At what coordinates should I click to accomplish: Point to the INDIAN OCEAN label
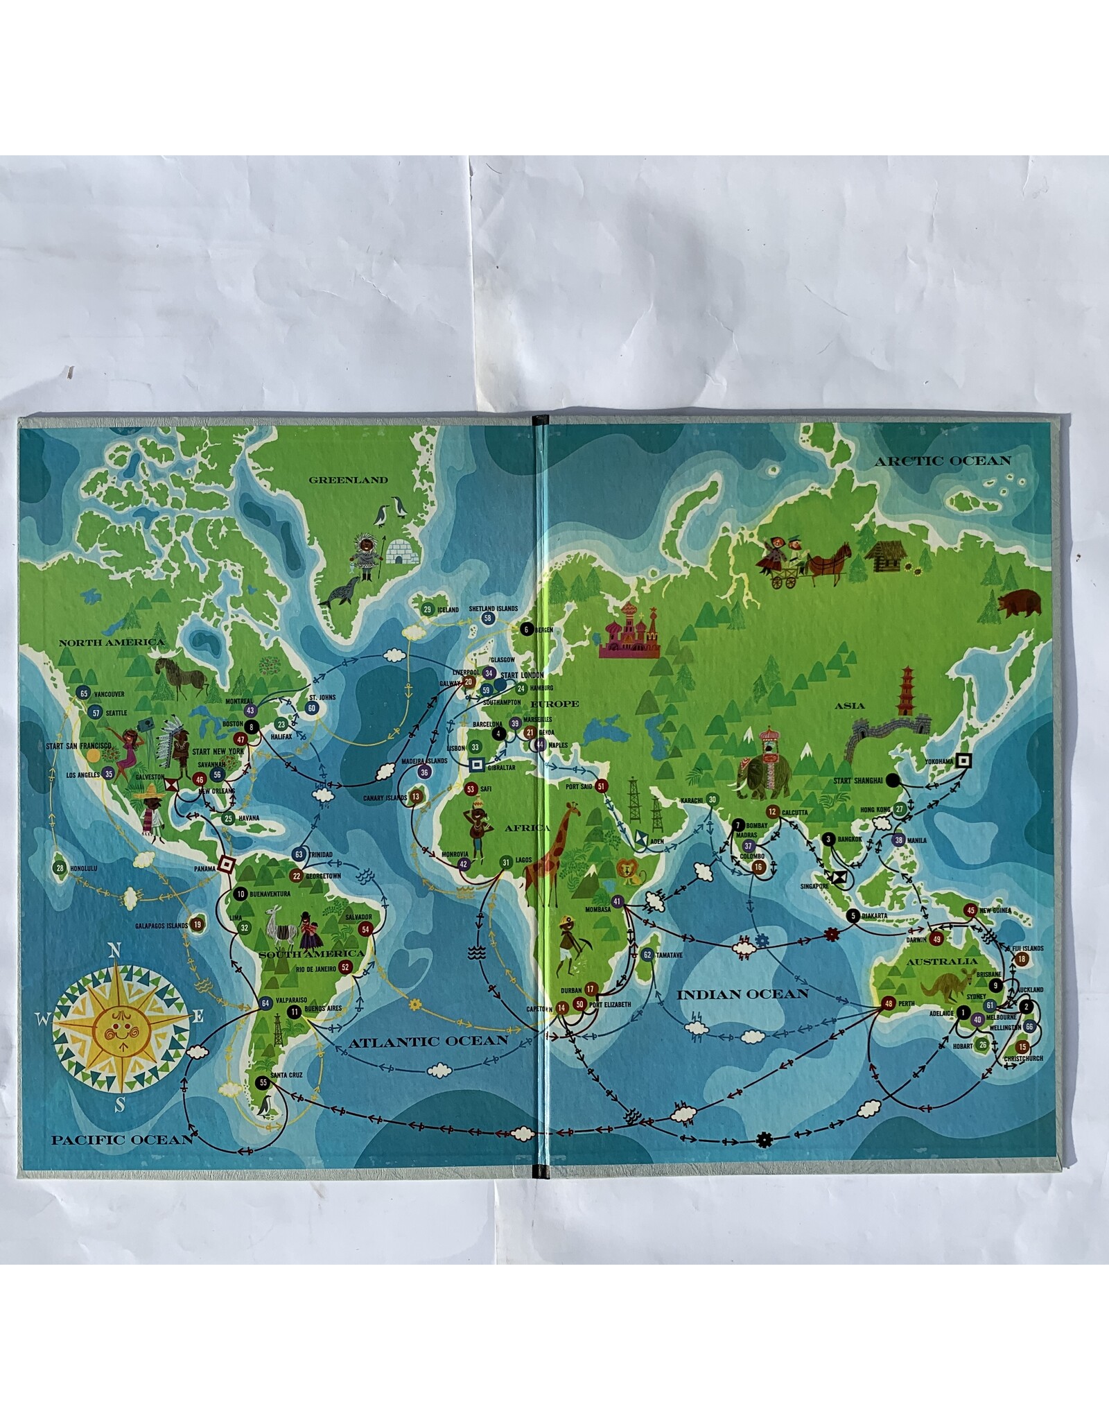[x=743, y=994]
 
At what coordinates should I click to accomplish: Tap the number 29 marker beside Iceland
[x=427, y=609]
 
